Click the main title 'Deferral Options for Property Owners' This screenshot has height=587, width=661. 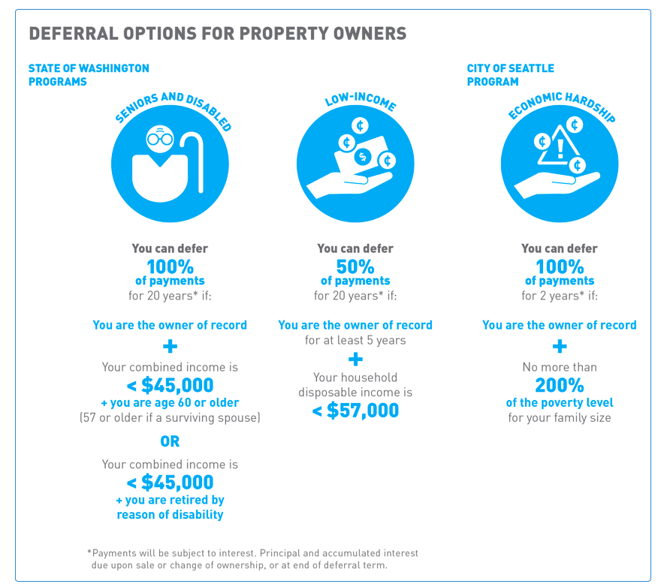(217, 34)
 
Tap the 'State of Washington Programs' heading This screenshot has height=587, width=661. (89, 74)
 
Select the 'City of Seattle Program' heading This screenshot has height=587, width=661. (510, 74)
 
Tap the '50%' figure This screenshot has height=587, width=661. (355, 266)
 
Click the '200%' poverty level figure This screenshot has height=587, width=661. (560, 386)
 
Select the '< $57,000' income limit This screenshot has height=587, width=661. (355, 410)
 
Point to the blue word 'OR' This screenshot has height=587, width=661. (170, 442)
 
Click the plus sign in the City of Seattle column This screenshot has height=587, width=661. (560, 346)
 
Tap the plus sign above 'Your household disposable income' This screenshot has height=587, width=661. (355, 359)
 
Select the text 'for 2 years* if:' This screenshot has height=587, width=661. (560, 295)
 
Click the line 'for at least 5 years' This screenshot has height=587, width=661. (355, 340)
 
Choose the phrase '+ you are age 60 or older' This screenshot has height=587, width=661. (170, 402)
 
